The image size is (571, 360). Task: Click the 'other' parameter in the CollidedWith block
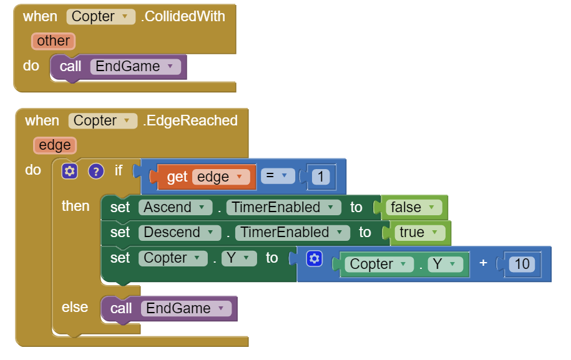[53, 41]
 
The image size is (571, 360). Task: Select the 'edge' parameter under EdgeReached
[55, 145]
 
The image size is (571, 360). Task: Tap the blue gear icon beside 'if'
[70, 171]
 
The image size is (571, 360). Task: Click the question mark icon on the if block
[95, 171]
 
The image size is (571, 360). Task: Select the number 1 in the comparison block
[320, 177]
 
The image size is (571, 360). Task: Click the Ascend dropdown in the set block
[174, 208]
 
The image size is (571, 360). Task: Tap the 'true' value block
[419, 233]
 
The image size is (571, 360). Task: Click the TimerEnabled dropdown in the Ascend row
[283, 208]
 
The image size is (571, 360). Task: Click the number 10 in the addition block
[522, 264]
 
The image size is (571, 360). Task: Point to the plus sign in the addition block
[483, 263]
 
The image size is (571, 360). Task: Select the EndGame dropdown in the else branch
[186, 308]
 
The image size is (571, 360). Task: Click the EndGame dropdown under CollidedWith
[135, 67]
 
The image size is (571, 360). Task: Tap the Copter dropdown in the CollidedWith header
[100, 17]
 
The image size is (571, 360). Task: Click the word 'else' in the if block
[75, 307]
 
